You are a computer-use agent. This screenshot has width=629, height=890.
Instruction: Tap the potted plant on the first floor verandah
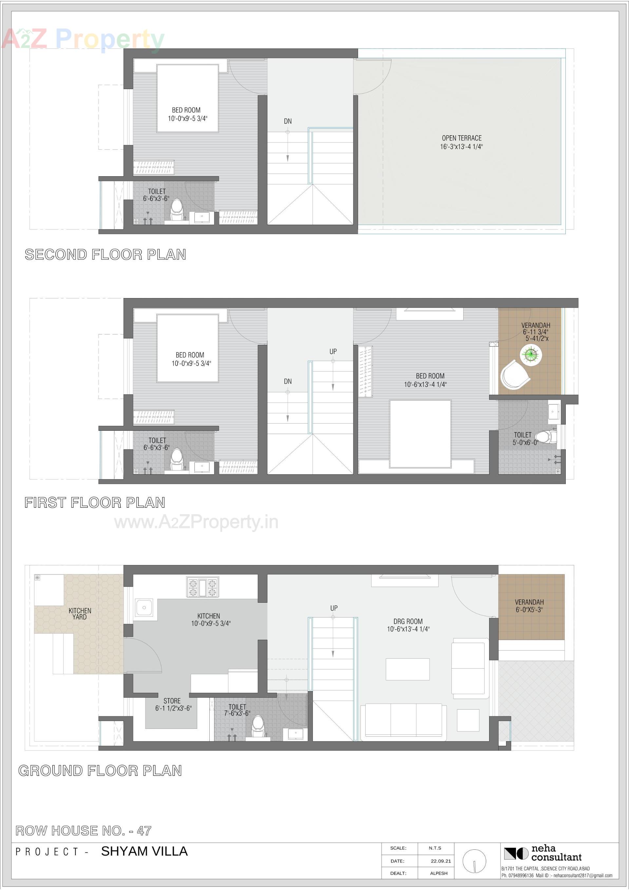(x=530, y=355)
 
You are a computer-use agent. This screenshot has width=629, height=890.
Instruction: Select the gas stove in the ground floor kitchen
(x=202, y=587)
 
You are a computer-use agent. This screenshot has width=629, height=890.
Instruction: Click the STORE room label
(x=172, y=701)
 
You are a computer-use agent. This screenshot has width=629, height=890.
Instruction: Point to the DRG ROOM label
(x=408, y=621)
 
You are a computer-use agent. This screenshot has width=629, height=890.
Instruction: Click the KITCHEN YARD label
(x=80, y=614)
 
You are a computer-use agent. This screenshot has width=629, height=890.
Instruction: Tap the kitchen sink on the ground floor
(x=144, y=608)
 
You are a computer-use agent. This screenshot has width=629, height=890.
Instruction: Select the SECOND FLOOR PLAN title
(x=105, y=255)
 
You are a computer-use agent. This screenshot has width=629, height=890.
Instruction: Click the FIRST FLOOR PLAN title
(x=95, y=503)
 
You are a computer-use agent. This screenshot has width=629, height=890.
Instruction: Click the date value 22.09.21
(x=441, y=861)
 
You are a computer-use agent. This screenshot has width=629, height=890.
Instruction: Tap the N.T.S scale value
(x=435, y=848)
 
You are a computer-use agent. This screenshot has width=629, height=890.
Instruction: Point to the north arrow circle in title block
(x=474, y=861)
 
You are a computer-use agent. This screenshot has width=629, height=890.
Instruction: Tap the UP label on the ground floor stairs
(x=334, y=608)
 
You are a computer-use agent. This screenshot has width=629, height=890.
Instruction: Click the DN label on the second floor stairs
(x=287, y=121)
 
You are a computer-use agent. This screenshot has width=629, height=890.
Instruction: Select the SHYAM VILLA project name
(x=144, y=851)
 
